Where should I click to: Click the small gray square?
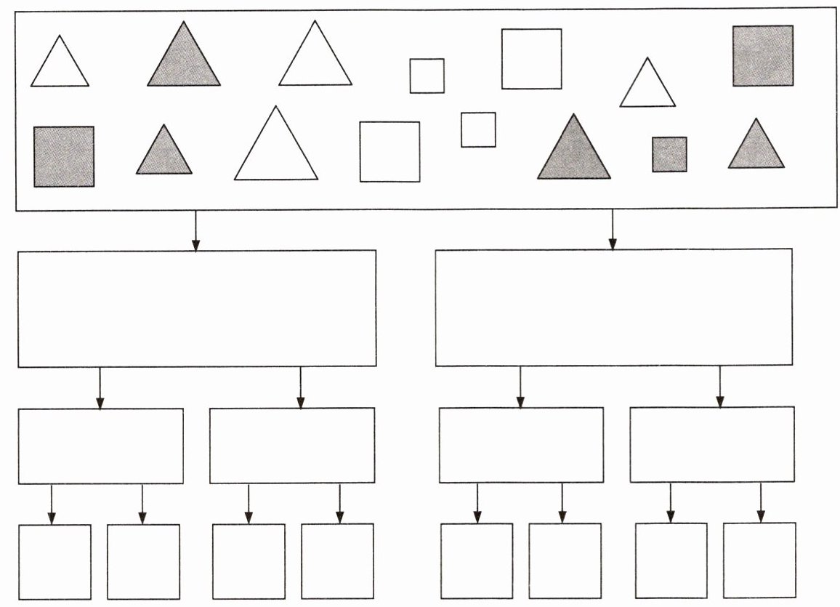(669, 155)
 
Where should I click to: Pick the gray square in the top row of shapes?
(762, 56)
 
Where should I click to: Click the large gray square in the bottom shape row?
(64, 156)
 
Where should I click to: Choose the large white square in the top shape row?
(531, 59)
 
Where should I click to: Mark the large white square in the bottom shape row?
(389, 151)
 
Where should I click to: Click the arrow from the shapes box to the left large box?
(195, 231)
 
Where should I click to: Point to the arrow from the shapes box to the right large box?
(612, 230)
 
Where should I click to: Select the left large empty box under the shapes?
(196, 308)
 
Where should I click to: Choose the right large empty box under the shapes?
(614, 307)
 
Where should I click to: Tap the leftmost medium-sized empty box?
(100, 446)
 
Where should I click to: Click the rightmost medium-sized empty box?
(711, 444)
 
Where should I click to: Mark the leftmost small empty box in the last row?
(54, 561)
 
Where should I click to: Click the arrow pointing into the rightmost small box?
(761, 503)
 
